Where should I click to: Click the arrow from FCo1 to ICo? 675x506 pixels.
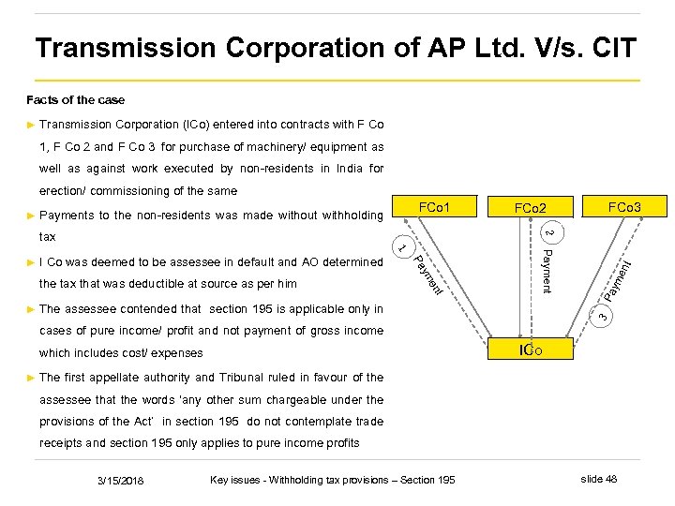click(x=459, y=281)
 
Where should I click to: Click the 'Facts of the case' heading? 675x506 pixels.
click(x=75, y=99)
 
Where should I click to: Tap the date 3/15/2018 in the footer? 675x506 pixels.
click(x=121, y=481)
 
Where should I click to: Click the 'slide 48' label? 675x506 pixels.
click(x=599, y=480)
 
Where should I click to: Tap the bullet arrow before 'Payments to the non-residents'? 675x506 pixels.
click(x=31, y=216)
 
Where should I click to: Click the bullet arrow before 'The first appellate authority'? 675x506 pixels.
click(x=31, y=378)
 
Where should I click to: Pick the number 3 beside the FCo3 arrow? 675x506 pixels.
click(x=604, y=318)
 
